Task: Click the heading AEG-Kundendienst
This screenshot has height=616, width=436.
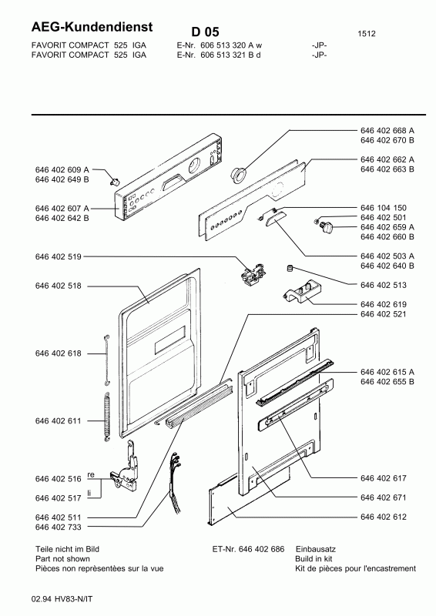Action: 92,27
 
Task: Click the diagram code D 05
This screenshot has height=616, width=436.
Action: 206,32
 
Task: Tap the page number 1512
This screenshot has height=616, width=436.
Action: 368,34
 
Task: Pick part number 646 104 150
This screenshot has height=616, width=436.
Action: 383,209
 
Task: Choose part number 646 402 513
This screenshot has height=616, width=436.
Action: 383,285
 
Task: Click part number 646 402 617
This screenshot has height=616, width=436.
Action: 383,478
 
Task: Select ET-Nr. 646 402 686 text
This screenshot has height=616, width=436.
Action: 247,548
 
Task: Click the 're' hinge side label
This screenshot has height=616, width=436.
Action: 90,474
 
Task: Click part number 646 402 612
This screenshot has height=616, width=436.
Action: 383,517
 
